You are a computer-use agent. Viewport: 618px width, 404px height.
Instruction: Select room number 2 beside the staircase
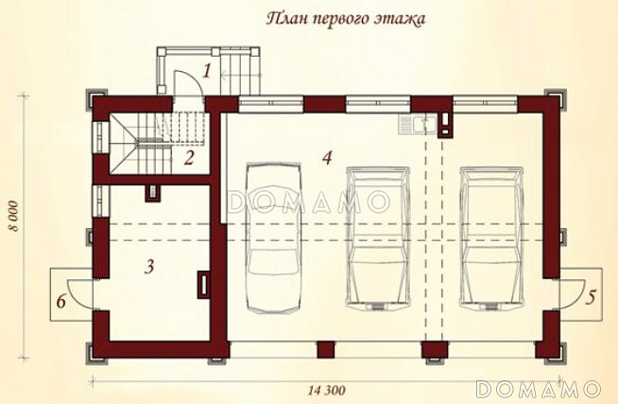pos(190,158)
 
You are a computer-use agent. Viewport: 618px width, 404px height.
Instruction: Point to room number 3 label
pos(149,266)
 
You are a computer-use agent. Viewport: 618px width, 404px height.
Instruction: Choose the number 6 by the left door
pos(61,302)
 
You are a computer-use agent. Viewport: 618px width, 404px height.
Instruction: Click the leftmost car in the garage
pos(272,237)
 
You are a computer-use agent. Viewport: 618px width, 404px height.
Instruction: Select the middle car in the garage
pos(378,237)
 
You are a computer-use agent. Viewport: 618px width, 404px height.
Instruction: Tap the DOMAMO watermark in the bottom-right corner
pos(538,389)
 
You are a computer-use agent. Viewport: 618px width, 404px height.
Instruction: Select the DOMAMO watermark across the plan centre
pos(308,202)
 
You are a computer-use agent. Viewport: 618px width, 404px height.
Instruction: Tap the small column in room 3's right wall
pos(203,282)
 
